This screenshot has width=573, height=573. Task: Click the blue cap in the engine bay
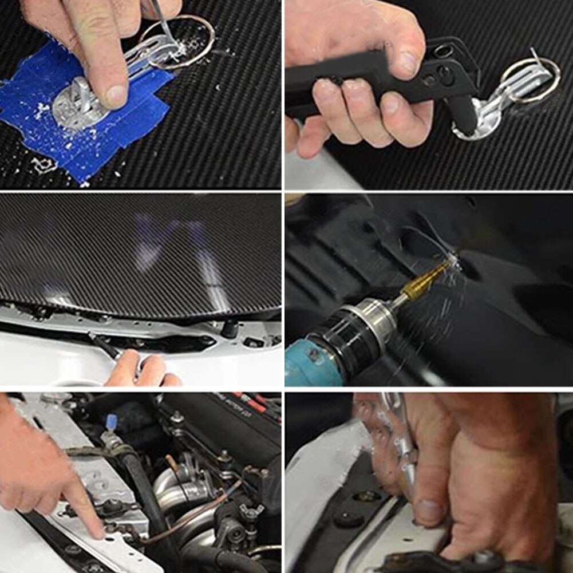click(112, 423)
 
